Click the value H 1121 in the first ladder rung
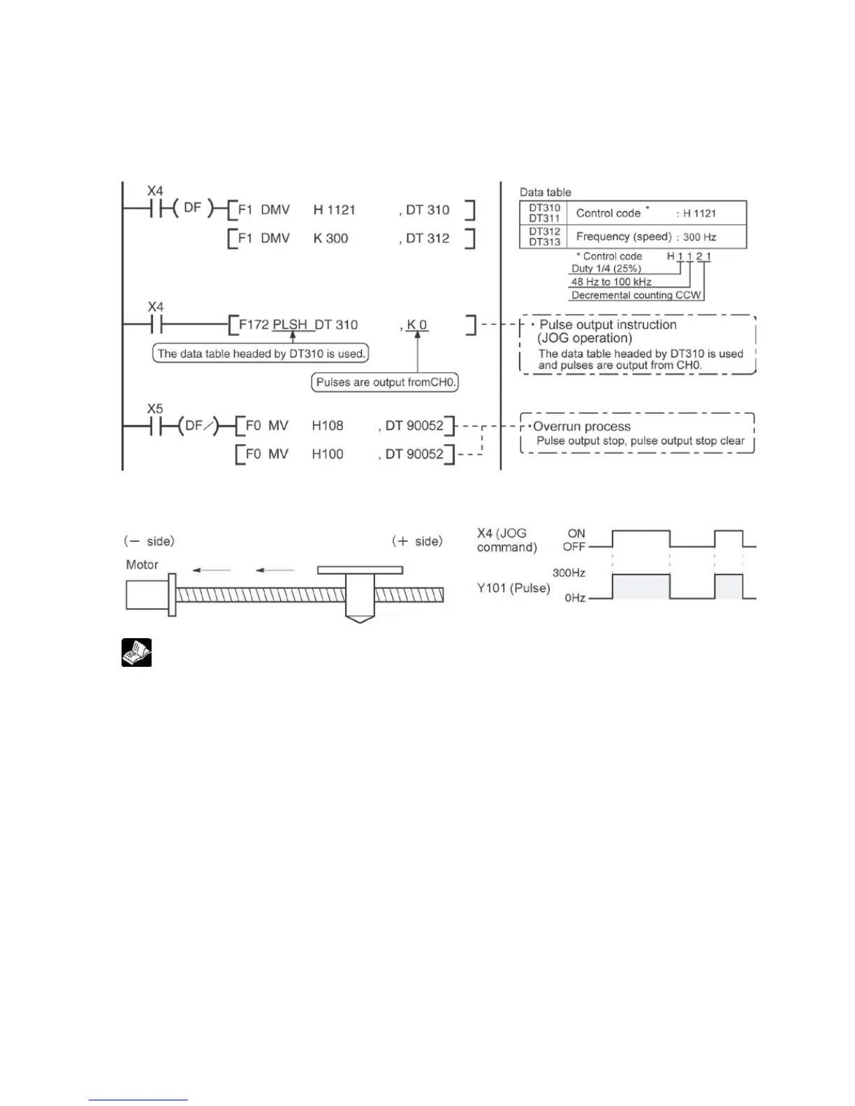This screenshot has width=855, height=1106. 335,210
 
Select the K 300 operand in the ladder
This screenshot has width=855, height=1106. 330,238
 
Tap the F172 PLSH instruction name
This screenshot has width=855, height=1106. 273,325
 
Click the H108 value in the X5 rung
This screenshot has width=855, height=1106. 328,425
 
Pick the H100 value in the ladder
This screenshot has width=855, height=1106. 328,454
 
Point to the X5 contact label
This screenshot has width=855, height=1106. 155,408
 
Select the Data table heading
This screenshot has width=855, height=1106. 546,192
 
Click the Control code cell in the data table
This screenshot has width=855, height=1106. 608,213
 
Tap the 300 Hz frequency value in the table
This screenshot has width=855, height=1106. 700,237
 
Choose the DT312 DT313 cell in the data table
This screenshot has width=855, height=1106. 544,237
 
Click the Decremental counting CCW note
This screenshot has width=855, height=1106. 636,295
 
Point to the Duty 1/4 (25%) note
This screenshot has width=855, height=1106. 606,269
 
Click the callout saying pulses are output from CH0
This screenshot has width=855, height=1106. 385,382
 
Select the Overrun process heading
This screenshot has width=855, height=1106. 582,427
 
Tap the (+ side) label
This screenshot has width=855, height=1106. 417,541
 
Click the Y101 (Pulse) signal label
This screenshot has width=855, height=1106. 513,588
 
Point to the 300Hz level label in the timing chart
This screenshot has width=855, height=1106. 569,573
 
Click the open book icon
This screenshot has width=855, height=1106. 137,653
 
